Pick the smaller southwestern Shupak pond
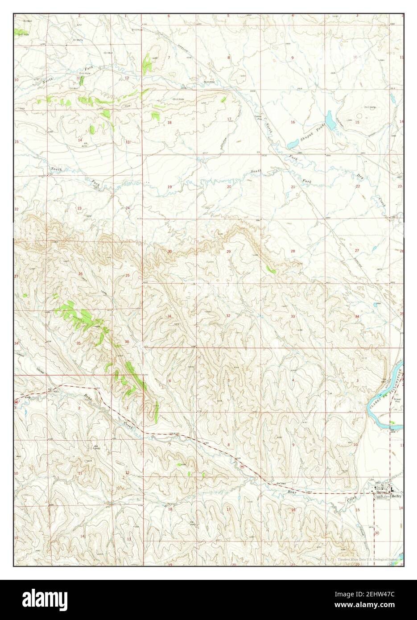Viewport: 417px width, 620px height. click(293, 144)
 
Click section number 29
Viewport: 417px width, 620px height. click(229, 252)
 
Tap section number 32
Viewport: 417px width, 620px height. click(228, 315)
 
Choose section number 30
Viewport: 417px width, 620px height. click(169, 252)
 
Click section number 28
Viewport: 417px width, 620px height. click(293, 252)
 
